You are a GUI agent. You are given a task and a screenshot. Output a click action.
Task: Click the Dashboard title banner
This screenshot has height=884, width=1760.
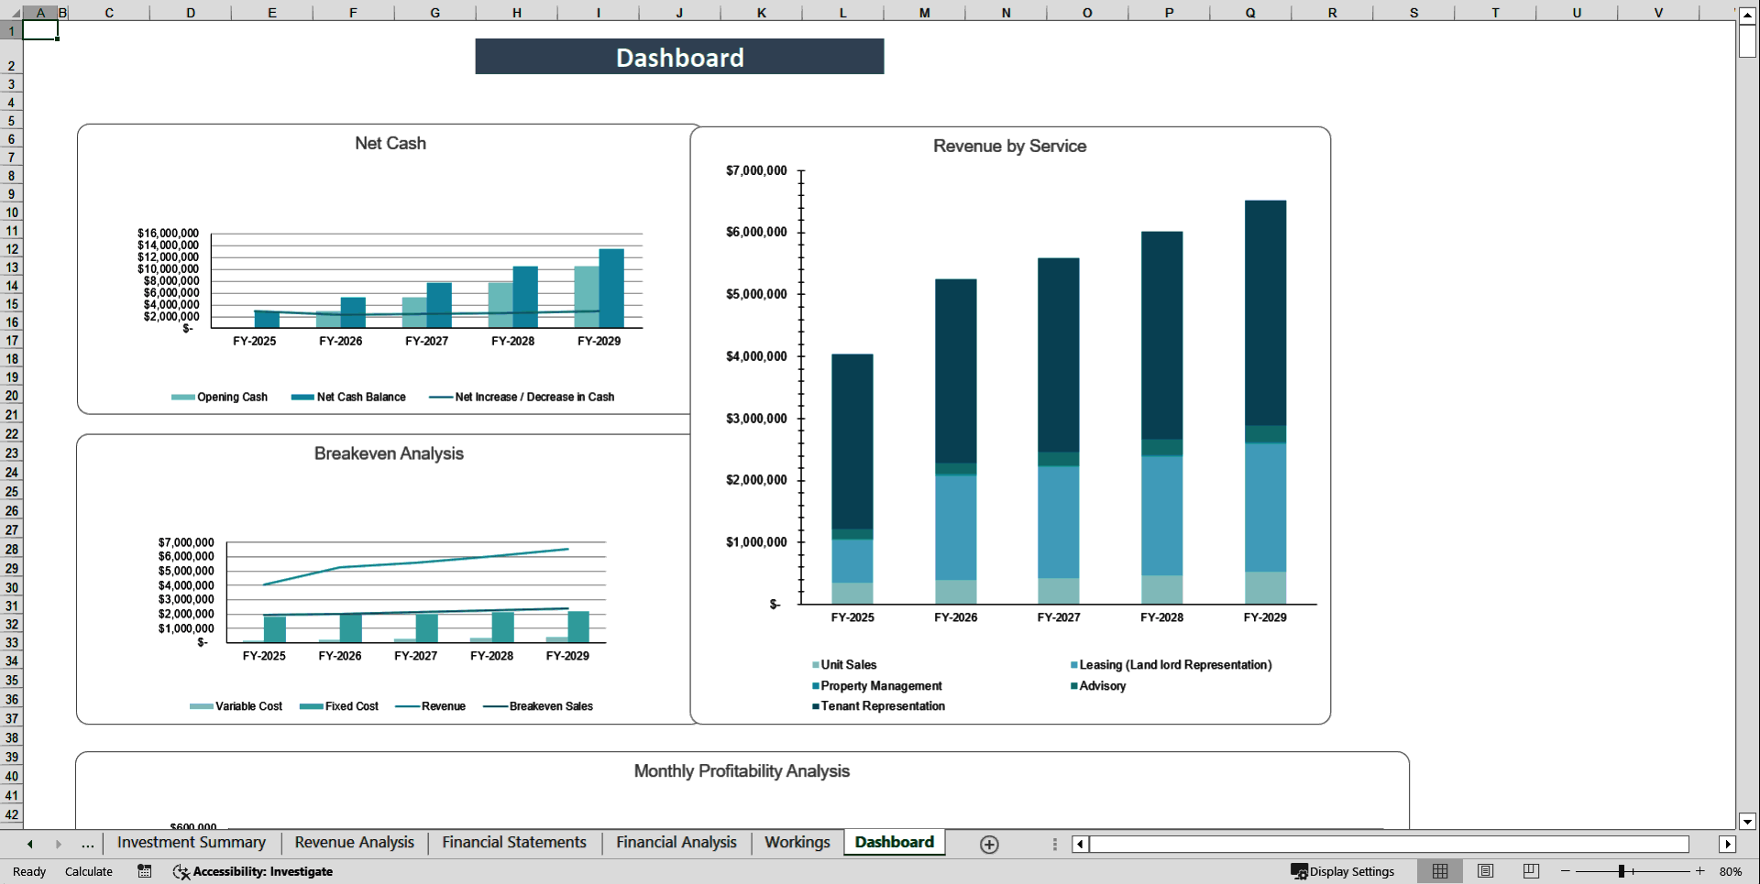pyautogui.click(x=679, y=57)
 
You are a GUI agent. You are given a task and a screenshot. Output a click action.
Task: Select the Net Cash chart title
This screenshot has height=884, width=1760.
pyautogui.click(x=390, y=144)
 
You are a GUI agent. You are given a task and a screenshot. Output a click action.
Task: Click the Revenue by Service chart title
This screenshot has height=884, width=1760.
pyautogui.click(x=1009, y=147)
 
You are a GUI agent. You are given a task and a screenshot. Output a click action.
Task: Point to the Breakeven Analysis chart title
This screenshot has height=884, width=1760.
pyautogui.click(x=389, y=454)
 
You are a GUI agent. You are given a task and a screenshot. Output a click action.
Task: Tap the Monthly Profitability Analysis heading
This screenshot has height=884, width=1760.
pyautogui.click(x=742, y=771)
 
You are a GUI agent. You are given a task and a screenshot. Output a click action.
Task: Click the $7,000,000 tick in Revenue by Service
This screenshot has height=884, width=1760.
pyautogui.click(x=756, y=170)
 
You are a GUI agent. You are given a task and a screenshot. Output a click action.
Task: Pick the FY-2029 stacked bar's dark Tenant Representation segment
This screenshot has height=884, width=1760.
pyautogui.click(x=1265, y=311)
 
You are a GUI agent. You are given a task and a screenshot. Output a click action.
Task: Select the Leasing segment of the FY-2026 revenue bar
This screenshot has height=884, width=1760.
pyautogui.click(x=955, y=527)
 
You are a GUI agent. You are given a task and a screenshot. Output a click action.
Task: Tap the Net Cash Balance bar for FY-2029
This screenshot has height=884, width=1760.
pyautogui.click(x=611, y=288)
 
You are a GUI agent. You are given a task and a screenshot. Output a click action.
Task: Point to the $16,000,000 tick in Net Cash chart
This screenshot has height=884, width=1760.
pyautogui.click(x=168, y=234)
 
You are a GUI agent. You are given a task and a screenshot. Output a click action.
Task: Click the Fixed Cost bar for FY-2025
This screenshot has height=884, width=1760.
pyautogui.click(x=275, y=628)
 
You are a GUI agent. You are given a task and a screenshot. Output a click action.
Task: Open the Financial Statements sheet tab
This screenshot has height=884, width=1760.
pyautogui.click(x=514, y=843)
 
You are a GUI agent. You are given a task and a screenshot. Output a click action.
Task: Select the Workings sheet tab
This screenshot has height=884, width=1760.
pyautogui.click(x=797, y=843)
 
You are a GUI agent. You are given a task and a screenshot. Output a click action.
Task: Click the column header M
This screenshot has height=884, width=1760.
pyautogui.click(x=924, y=13)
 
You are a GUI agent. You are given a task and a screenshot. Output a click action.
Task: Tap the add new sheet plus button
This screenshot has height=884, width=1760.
pyautogui.click(x=989, y=845)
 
